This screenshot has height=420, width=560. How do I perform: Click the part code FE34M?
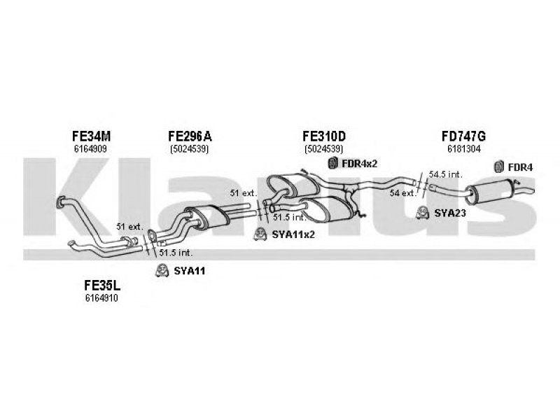pyautogui.click(x=92, y=136)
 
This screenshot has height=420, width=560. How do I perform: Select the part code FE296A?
pyautogui.click(x=190, y=136)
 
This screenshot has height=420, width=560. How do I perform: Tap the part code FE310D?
pyautogui.click(x=324, y=136)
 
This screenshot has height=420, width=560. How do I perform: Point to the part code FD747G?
pyautogui.click(x=463, y=136)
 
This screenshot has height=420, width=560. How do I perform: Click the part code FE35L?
pyautogui.click(x=102, y=286)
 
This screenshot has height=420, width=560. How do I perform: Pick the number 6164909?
pyautogui.click(x=91, y=149)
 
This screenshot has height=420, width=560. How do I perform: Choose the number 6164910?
pyautogui.click(x=101, y=298)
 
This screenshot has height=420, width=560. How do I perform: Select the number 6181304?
pyautogui.click(x=463, y=149)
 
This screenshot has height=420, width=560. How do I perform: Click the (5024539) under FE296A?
pyautogui.click(x=189, y=149)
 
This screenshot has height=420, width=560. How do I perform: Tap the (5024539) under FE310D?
pyautogui.click(x=324, y=149)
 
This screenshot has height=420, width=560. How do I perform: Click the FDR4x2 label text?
pyautogui.click(x=359, y=164)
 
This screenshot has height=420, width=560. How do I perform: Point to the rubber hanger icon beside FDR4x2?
pyautogui.click(x=333, y=163)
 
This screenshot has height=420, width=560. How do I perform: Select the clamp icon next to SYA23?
pyautogui.click(x=423, y=213)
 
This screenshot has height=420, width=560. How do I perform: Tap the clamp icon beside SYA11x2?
pyautogui.click(x=260, y=234)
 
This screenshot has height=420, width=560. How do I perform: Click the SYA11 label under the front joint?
pyautogui.click(x=190, y=271)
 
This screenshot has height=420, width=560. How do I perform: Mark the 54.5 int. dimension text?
pyautogui.click(x=445, y=174)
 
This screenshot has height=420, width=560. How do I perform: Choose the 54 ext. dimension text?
pyautogui.click(x=403, y=193)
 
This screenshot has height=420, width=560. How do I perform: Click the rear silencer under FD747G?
pyautogui.click(x=491, y=192)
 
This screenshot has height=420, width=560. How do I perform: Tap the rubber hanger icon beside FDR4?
pyautogui.click(x=498, y=167)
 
